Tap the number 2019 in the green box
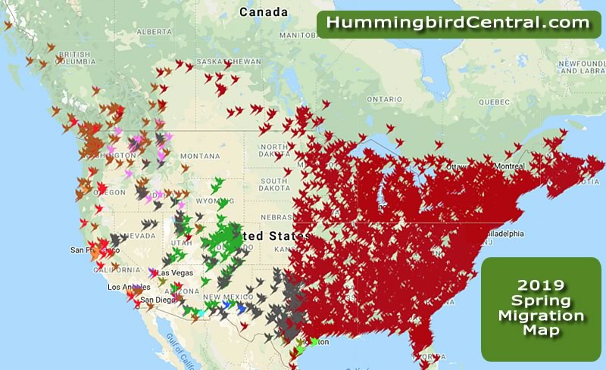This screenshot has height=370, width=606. [x=542, y=285]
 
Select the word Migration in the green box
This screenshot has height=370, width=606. [x=542, y=316]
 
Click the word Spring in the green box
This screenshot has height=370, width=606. [x=542, y=300]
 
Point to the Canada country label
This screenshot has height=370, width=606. [x=264, y=12]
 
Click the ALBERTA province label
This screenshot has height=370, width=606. [x=155, y=32]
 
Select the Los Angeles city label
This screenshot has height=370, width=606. [x=126, y=288]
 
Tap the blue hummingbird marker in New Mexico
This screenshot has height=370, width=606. [x=241, y=308]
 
